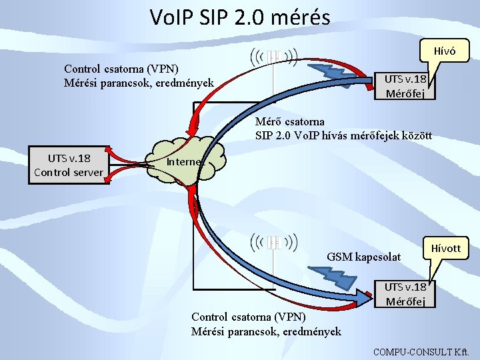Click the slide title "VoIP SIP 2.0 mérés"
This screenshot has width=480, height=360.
pos(240,17)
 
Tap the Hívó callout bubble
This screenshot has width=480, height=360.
pos(445,51)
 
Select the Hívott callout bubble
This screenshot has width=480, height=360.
pos(446,249)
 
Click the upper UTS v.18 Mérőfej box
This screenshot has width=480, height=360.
pos(405,86)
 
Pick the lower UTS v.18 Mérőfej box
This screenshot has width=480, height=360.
pos(405,293)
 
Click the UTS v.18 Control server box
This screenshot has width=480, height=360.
pos(69,165)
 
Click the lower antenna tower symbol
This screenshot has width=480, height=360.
pos(273,245)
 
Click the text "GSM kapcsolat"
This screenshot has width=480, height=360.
pos(364,257)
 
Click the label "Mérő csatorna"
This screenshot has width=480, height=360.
pos(290,121)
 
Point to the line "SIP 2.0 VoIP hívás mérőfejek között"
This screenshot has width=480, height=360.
pos(344,135)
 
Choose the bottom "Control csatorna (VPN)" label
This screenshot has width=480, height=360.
pos(249,316)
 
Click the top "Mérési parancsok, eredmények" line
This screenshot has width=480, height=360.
pos(139,83)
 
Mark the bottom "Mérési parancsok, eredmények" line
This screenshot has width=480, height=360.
pos(266,331)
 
